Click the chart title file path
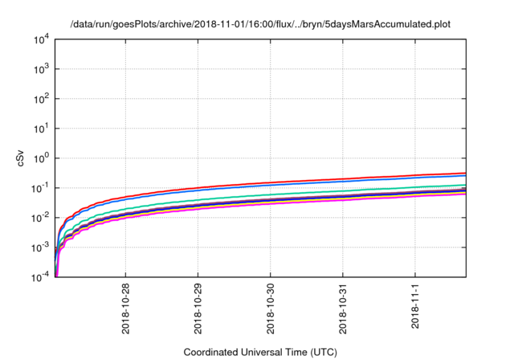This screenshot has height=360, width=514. coord(261,24)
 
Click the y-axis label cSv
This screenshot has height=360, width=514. coord(21,157)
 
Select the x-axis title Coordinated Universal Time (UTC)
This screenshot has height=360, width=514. coord(261,352)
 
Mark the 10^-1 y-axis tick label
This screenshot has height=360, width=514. coord(40,188)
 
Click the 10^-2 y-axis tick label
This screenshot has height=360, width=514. coord(40,218)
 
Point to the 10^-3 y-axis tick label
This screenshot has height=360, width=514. coord(40,247)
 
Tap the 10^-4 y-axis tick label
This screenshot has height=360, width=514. coord(40,277)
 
